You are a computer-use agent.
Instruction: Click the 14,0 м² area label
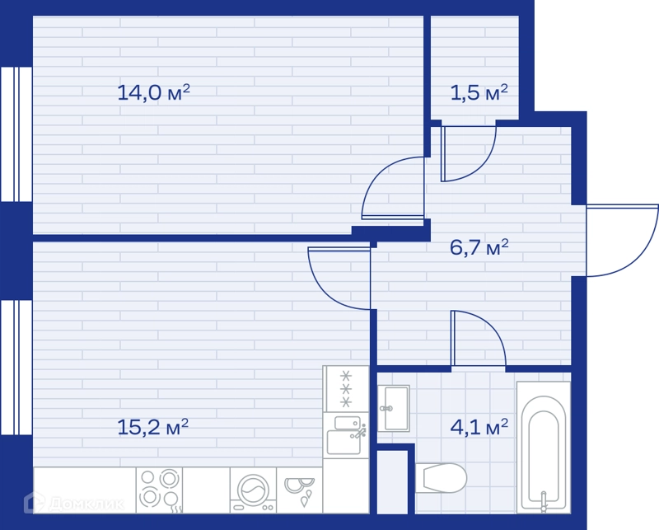point(153,92)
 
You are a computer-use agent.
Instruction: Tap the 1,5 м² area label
point(479,92)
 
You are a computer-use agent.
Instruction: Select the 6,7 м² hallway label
point(479,247)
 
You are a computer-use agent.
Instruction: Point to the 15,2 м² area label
point(152,427)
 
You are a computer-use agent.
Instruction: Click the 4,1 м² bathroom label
point(479,427)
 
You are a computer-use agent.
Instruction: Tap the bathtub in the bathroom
point(544,447)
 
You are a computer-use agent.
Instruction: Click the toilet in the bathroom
point(441,478)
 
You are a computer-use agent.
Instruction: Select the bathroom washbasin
point(394,408)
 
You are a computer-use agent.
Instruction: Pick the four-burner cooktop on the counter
point(159,490)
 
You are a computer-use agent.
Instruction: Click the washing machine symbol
point(253,490)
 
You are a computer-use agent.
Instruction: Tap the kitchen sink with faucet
point(346,435)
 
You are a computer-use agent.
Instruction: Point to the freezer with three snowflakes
point(346,389)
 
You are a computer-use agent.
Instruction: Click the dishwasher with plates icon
point(299,490)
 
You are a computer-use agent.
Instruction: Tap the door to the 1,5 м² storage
point(484,165)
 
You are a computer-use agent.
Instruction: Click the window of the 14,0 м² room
point(16,134)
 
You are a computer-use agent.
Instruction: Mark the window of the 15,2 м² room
point(16,368)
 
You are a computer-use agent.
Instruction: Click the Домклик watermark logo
point(74,502)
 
